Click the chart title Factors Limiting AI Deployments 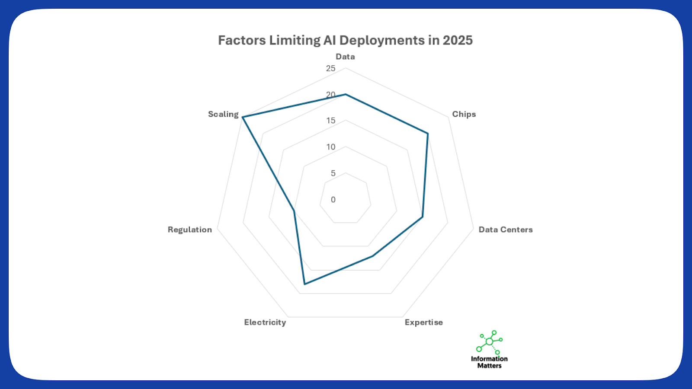pyautogui.click(x=345, y=40)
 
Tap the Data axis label pyautogui.click(x=345, y=57)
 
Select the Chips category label pyautogui.click(x=464, y=114)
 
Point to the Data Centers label pyautogui.click(x=505, y=230)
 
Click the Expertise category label pyautogui.click(x=423, y=322)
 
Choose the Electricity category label pyautogui.click(x=265, y=322)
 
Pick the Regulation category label pyautogui.click(x=189, y=230)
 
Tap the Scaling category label pyautogui.click(x=223, y=114)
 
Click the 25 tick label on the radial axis pyautogui.click(x=330, y=68)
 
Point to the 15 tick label pyautogui.click(x=330, y=121)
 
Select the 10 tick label pyautogui.click(x=330, y=147)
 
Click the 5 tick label pyautogui.click(x=333, y=173)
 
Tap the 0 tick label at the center pyautogui.click(x=333, y=200)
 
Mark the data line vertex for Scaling pyautogui.click(x=243, y=117)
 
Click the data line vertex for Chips pyautogui.click(x=428, y=134)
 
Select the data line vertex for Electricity pyautogui.click(x=304, y=284)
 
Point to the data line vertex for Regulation pyautogui.click(x=294, y=211)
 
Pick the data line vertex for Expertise pyautogui.click(x=372, y=256)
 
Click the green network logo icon pyautogui.click(x=490, y=342)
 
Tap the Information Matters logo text pyautogui.click(x=489, y=362)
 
